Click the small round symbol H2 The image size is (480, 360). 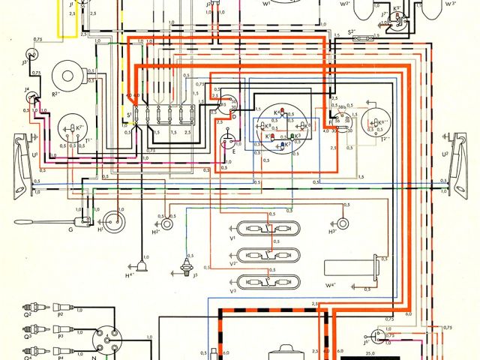(x=170, y=223)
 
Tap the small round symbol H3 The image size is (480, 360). (x=342, y=223)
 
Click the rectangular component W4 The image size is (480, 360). (x=350, y=267)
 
